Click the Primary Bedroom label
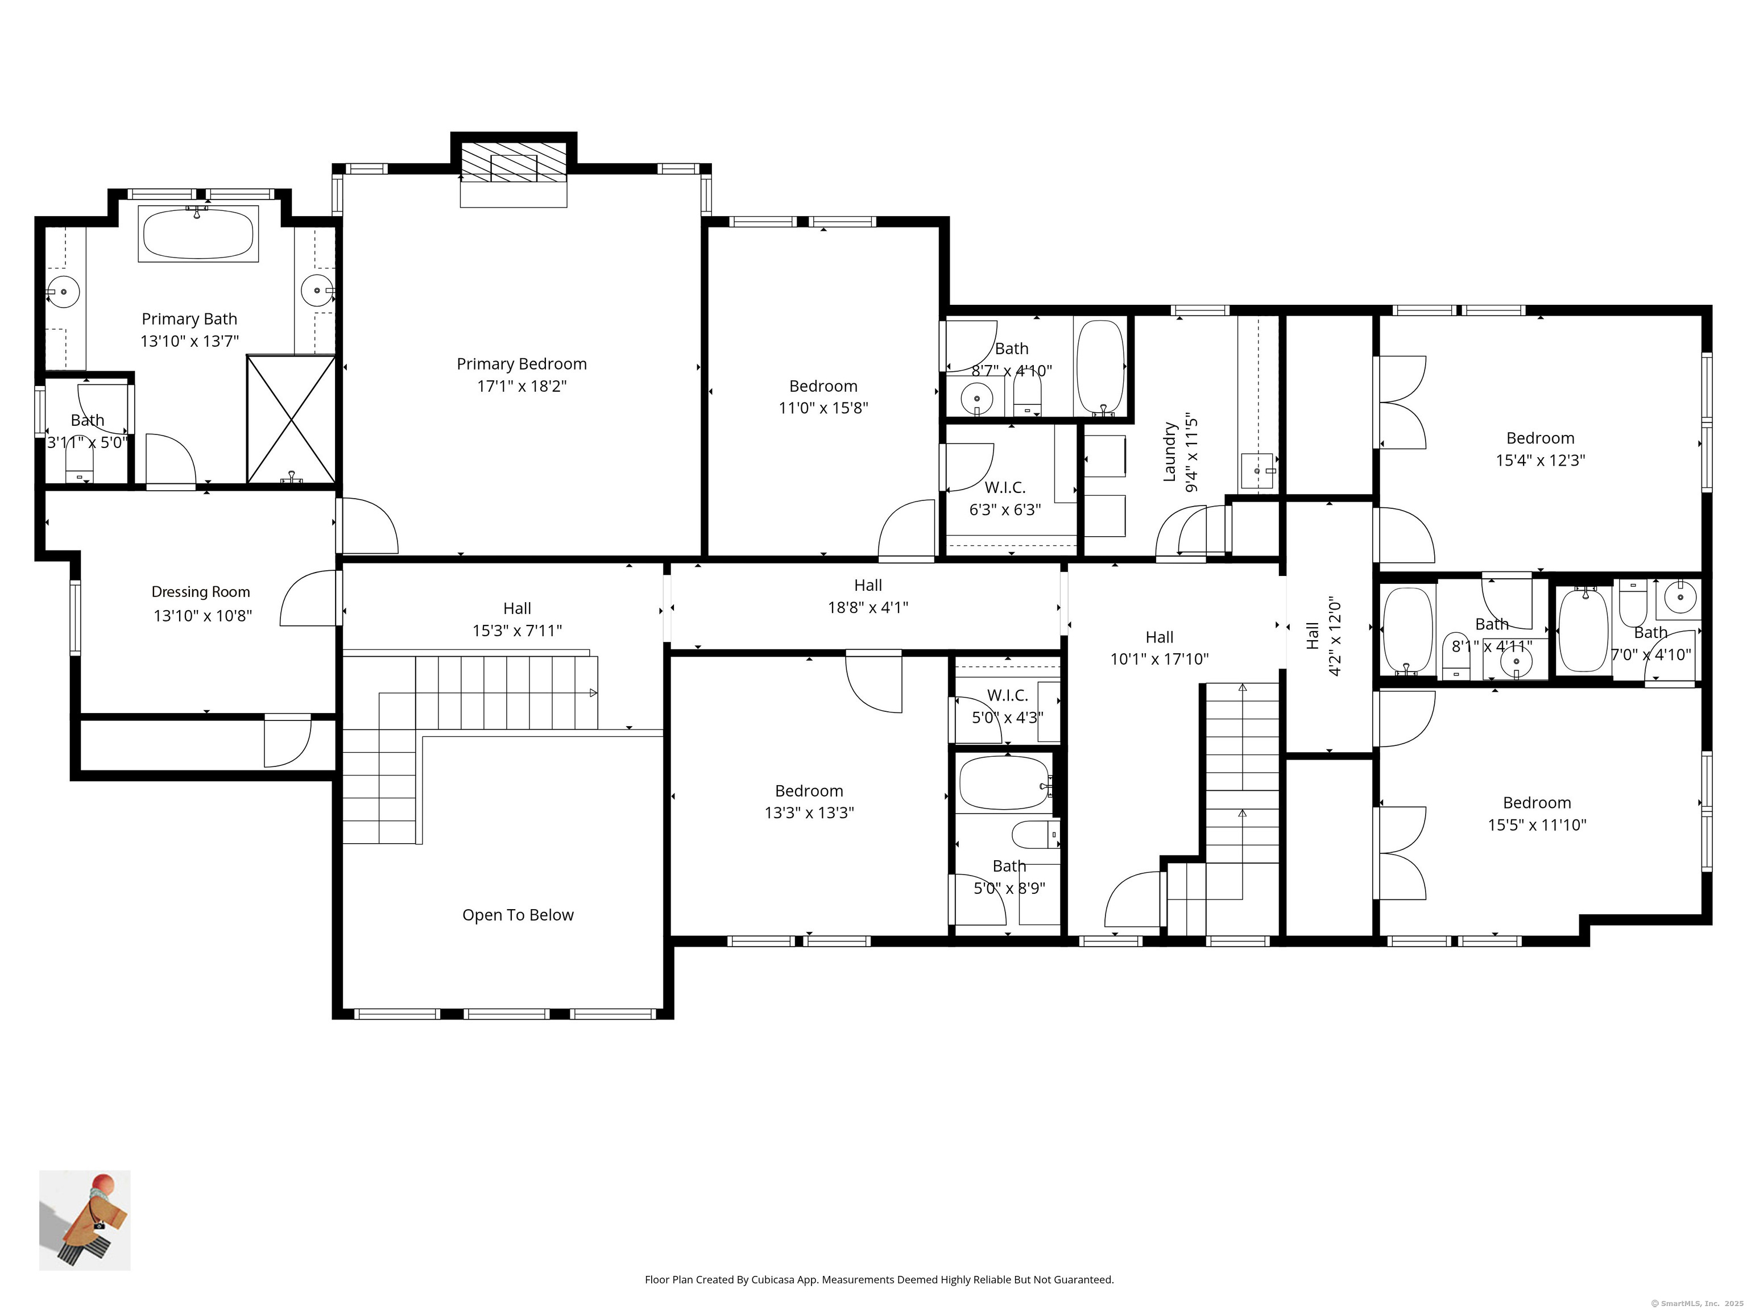click(521, 364)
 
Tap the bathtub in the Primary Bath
click(198, 234)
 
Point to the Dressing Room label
click(201, 592)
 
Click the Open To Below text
click(518, 915)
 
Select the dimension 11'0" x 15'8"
click(823, 408)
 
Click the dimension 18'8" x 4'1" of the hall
click(868, 608)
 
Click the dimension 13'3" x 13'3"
click(809, 813)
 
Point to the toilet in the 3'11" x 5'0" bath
click(79, 465)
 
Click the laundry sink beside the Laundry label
click(1257, 471)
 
